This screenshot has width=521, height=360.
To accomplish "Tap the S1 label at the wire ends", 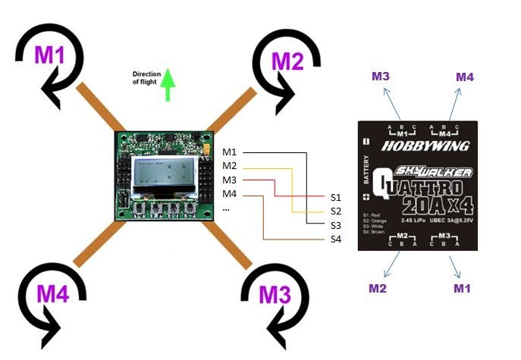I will click(x=337, y=196).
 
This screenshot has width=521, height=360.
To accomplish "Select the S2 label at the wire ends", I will click(x=337, y=211).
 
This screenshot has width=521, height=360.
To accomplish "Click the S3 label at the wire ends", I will click(x=337, y=225).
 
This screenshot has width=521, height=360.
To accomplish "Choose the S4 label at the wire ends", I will click(x=337, y=239).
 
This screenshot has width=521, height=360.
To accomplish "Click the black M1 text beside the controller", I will click(x=230, y=152).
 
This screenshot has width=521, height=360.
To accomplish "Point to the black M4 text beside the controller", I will click(x=230, y=195).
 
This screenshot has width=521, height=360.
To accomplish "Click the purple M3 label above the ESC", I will click(x=381, y=77).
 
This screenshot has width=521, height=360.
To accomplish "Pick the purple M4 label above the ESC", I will click(x=466, y=77).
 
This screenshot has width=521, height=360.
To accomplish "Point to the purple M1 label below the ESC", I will click(x=463, y=288).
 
